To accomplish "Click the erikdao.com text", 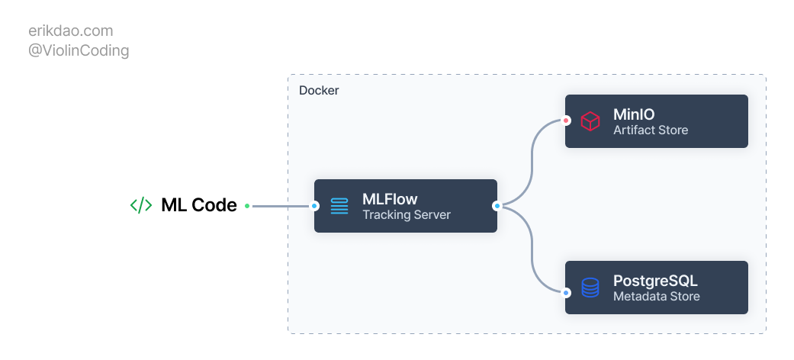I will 70,31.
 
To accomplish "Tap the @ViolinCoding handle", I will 79,51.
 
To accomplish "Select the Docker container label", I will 319,91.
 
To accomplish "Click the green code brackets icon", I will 141,205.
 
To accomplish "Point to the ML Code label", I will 199,205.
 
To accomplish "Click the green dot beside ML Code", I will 247,206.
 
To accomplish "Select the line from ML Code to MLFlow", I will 280,206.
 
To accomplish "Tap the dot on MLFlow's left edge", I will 314,206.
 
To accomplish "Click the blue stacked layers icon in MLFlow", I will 339,206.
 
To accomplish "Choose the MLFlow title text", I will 390,199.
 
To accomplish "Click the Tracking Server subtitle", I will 406,215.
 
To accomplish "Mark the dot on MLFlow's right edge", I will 497,206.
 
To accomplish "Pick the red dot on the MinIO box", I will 565,121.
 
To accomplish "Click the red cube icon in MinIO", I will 590,121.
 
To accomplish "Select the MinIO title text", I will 634,114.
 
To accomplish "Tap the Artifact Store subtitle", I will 650,130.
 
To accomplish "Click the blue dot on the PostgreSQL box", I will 565,292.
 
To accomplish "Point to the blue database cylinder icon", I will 590,288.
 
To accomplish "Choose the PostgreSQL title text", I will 655,280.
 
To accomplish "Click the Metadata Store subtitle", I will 656,297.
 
